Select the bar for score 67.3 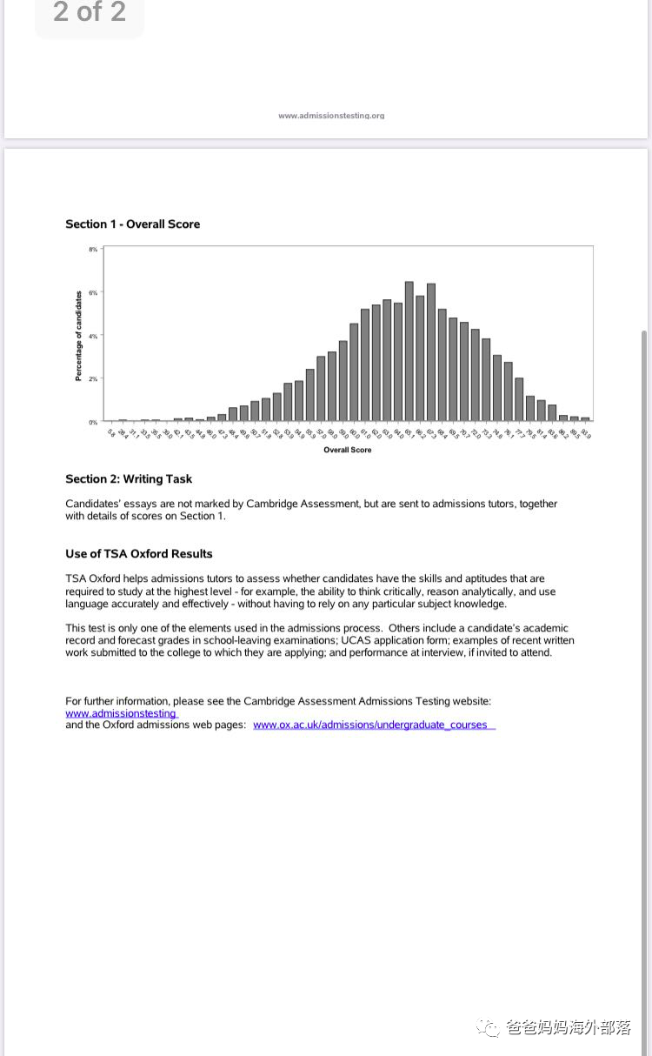pos(431,352)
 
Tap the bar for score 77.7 pos(519,399)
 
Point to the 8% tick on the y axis pos(93,250)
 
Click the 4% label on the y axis pos(93,336)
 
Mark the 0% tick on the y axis pos(93,422)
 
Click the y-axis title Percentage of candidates pos(78,336)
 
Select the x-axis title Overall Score pos(348,450)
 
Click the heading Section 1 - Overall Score pos(132,224)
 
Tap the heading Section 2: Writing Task pos(129,479)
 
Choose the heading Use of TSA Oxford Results pos(139,554)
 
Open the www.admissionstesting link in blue pos(121,713)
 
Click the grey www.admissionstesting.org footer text pos(331,115)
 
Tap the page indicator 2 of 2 pos(90,12)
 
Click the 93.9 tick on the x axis pos(586,433)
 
